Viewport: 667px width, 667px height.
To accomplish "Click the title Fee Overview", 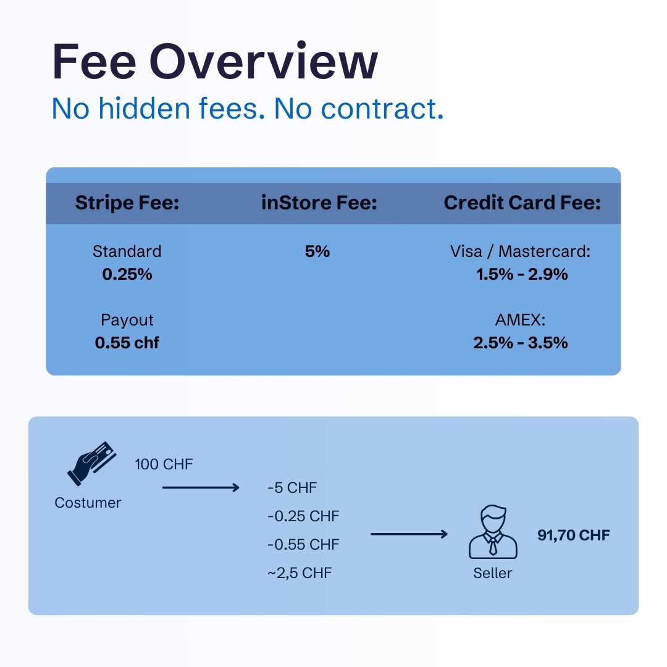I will (215, 62).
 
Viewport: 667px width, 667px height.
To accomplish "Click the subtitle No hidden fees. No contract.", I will (248, 109).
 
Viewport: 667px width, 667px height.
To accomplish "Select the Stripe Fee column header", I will (127, 203).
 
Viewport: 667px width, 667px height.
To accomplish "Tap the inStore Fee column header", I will (319, 203).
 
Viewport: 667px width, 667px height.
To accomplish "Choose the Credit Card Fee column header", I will (522, 203).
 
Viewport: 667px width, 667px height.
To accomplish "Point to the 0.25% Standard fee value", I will (127, 274).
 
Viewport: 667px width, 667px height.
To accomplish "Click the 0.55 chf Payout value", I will (127, 343).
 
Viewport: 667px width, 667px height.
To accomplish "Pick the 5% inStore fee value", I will (317, 251).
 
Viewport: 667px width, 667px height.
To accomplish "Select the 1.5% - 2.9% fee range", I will (522, 274).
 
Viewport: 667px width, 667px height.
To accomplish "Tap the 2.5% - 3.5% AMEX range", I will (521, 343).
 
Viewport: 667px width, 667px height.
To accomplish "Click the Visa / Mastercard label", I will (521, 251).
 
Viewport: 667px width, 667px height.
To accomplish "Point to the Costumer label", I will (88, 503).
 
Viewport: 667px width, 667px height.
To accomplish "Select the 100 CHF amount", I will (164, 464).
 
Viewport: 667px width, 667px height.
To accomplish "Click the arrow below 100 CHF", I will (201, 488).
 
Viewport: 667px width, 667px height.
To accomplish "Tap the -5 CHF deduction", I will (292, 488).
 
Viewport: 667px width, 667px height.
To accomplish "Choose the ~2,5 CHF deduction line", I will (300, 573).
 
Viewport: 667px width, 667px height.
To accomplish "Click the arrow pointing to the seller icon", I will (409, 534).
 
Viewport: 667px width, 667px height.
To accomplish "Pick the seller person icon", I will (492, 532).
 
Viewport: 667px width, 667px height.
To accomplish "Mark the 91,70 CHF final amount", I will (573, 535).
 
